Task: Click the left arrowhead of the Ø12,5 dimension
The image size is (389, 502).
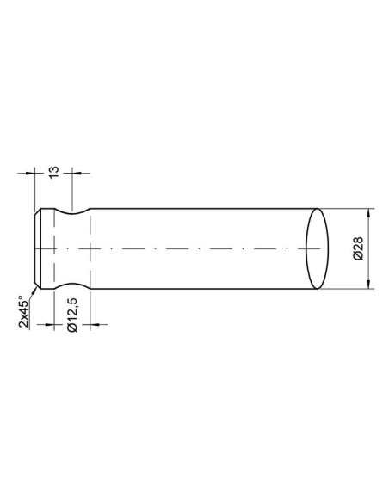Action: [x=50, y=326]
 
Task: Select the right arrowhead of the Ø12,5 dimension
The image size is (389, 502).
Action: [x=91, y=326]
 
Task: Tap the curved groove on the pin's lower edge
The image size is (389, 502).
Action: [x=71, y=287]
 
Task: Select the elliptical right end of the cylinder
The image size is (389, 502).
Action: [x=318, y=249]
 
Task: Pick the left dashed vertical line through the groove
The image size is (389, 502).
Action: [x=53, y=249]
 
